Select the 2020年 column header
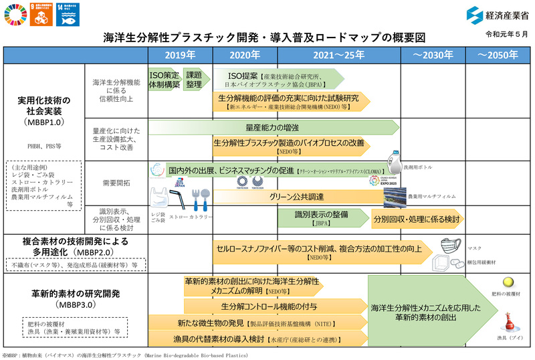(x=245, y=55)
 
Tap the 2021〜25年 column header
(x=338, y=55)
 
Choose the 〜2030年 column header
(x=433, y=55)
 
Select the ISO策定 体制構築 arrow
(x=164, y=80)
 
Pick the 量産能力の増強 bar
(x=271, y=127)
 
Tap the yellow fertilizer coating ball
(x=508, y=283)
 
